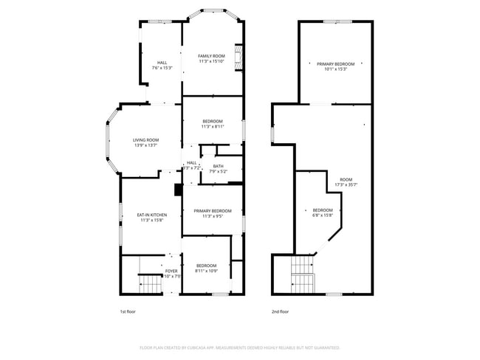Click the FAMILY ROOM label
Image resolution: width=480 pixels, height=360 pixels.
point(212,56)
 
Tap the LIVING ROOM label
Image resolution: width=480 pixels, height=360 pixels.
point(145,140)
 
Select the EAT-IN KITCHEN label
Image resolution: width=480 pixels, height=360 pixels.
point(151,215)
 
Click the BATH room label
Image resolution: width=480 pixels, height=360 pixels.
point(218,166)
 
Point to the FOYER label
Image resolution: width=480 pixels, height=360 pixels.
point(171,271)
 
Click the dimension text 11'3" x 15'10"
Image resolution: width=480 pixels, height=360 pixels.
point(212,61)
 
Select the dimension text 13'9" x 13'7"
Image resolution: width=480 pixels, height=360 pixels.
point(145,145)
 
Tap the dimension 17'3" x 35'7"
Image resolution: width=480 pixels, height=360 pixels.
point(346,184)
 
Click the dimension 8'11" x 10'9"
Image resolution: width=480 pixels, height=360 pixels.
point(206,271)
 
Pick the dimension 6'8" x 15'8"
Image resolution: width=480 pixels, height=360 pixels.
point(322,215)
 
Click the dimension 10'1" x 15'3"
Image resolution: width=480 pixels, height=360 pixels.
point(335,69)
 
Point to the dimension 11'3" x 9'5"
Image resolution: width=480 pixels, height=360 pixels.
point(213,216)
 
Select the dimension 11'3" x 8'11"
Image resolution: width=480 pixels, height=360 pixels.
point(213,126)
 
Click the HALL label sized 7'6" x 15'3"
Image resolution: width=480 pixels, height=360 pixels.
point(162,68)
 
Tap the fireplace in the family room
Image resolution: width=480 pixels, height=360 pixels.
point(239,58)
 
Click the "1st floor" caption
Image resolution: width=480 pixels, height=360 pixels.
point(128,311)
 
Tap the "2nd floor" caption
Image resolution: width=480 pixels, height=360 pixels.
point(280,311)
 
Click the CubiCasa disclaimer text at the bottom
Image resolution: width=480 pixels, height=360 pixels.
point(240,347)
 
